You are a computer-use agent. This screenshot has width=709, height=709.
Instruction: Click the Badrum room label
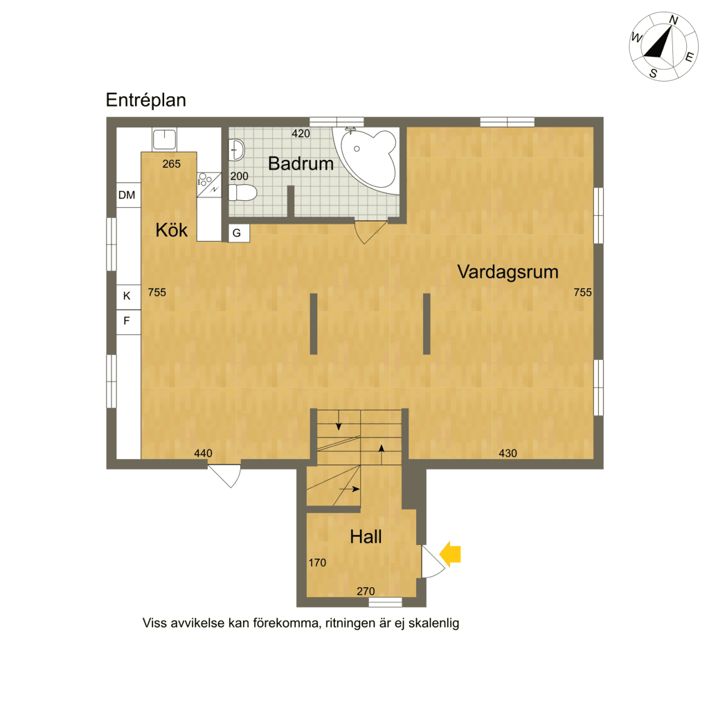[300, 163]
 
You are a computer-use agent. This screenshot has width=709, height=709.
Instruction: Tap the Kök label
[172, 230]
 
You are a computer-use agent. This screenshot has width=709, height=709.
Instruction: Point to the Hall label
[366, 537]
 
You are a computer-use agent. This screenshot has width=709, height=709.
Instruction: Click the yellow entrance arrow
[450, 554]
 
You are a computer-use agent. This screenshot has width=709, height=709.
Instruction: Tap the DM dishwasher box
[128, 195]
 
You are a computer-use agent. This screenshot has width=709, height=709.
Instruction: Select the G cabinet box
[239, 233]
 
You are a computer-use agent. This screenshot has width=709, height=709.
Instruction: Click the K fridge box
[128, 297]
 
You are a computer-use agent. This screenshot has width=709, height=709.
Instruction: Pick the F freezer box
[128, 322]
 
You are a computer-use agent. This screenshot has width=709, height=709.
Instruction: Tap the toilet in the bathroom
[242, 192]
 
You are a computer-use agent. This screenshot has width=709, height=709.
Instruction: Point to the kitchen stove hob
[209, 185]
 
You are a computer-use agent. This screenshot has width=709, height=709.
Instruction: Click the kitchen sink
[164, 139]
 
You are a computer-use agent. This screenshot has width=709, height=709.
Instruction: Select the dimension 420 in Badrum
[300, 134]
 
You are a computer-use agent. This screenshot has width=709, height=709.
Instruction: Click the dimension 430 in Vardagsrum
[508, 453]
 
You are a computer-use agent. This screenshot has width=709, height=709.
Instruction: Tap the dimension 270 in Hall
[366, 591]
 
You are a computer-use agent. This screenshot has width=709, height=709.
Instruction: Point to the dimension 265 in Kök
[172, 164]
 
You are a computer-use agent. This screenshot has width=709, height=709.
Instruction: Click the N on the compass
[674, 20]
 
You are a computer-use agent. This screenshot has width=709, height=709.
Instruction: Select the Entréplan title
[145, 100]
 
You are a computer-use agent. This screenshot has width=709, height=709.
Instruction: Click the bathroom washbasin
[237, 150]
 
